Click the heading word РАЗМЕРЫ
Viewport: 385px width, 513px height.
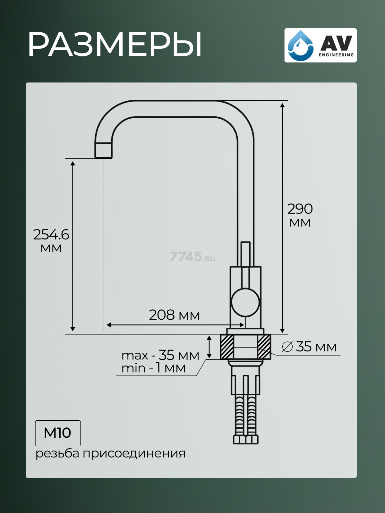pyautogui.click(x=115, y=45)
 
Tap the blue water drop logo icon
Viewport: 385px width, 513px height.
pyautogui.click(x=300, y=45)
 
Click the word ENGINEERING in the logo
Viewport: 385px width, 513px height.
pyautogui.click(x=336, y=55)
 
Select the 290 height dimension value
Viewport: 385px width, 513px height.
pyautogui.click(x=300, y=209)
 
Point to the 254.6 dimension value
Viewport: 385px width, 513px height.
pyautogui.click(x=51, y=235)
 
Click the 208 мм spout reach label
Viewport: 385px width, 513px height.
pyautogui.click(x=174, y=315)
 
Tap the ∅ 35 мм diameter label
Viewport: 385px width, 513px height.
pyautogui.click(x=309, y=347)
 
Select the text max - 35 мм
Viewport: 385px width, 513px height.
pyautogui.click(x=160, y=355)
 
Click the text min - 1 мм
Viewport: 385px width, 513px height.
pyautogui.click(x=153, y=368)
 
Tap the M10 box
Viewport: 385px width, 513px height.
pyautogui.click(x=58, y=433)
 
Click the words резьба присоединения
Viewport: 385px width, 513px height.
pyautogui.click(x=110, y=453)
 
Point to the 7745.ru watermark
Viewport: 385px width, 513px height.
pyautogui.click(x=192, y=257)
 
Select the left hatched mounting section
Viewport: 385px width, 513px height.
pyautogui.click(x=227, y=347)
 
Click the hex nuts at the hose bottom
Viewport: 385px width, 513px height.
pyautogui.click(x=245, y=439)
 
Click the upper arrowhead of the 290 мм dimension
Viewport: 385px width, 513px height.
pyautogui.click(x=282, y=105)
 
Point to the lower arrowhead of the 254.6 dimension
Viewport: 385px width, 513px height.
pyautogui.click(x=73, y=329)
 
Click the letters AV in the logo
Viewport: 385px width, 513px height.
pyautogui.click(x=336, y=43)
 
